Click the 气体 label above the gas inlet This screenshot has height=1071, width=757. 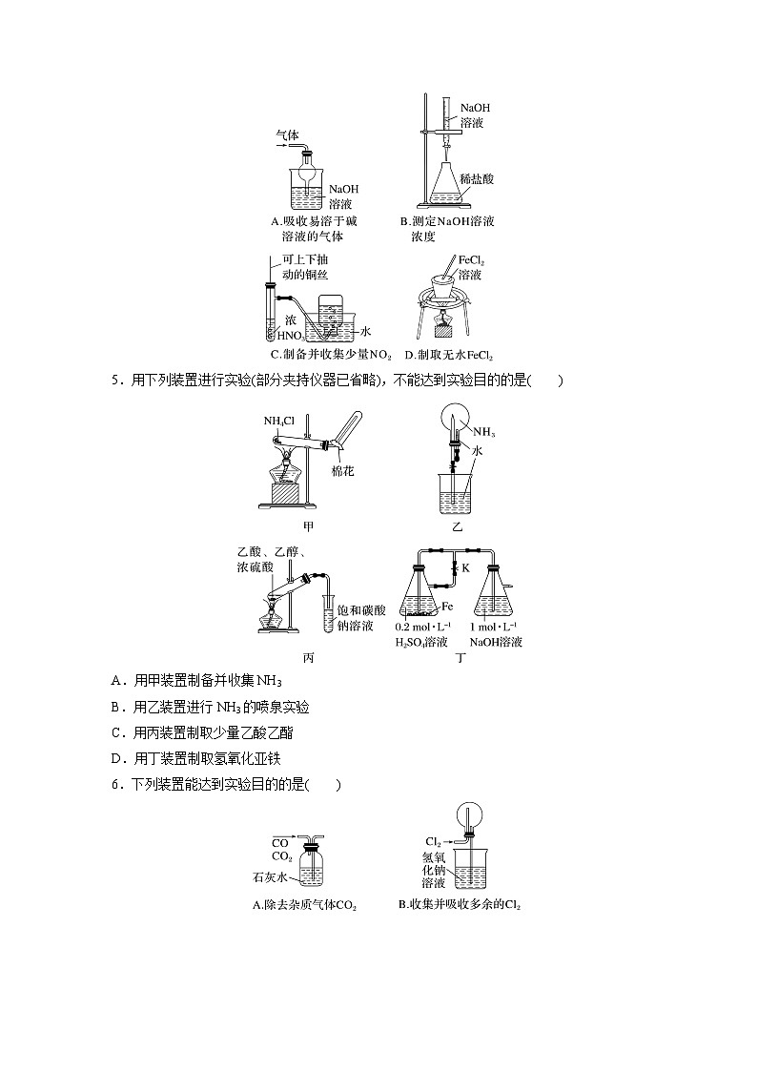coord(287,135)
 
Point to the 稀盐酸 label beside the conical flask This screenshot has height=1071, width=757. coord(476,179)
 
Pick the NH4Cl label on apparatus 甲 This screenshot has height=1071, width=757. coord(280,421)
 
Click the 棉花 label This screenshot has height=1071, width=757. coord(342,472)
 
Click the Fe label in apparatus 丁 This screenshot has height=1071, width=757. coord(447,606)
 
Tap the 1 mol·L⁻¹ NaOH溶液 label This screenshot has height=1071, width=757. coord(497,634)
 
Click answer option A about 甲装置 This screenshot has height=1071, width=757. coord(196,680)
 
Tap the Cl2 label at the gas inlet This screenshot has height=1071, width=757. coord(433,841)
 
